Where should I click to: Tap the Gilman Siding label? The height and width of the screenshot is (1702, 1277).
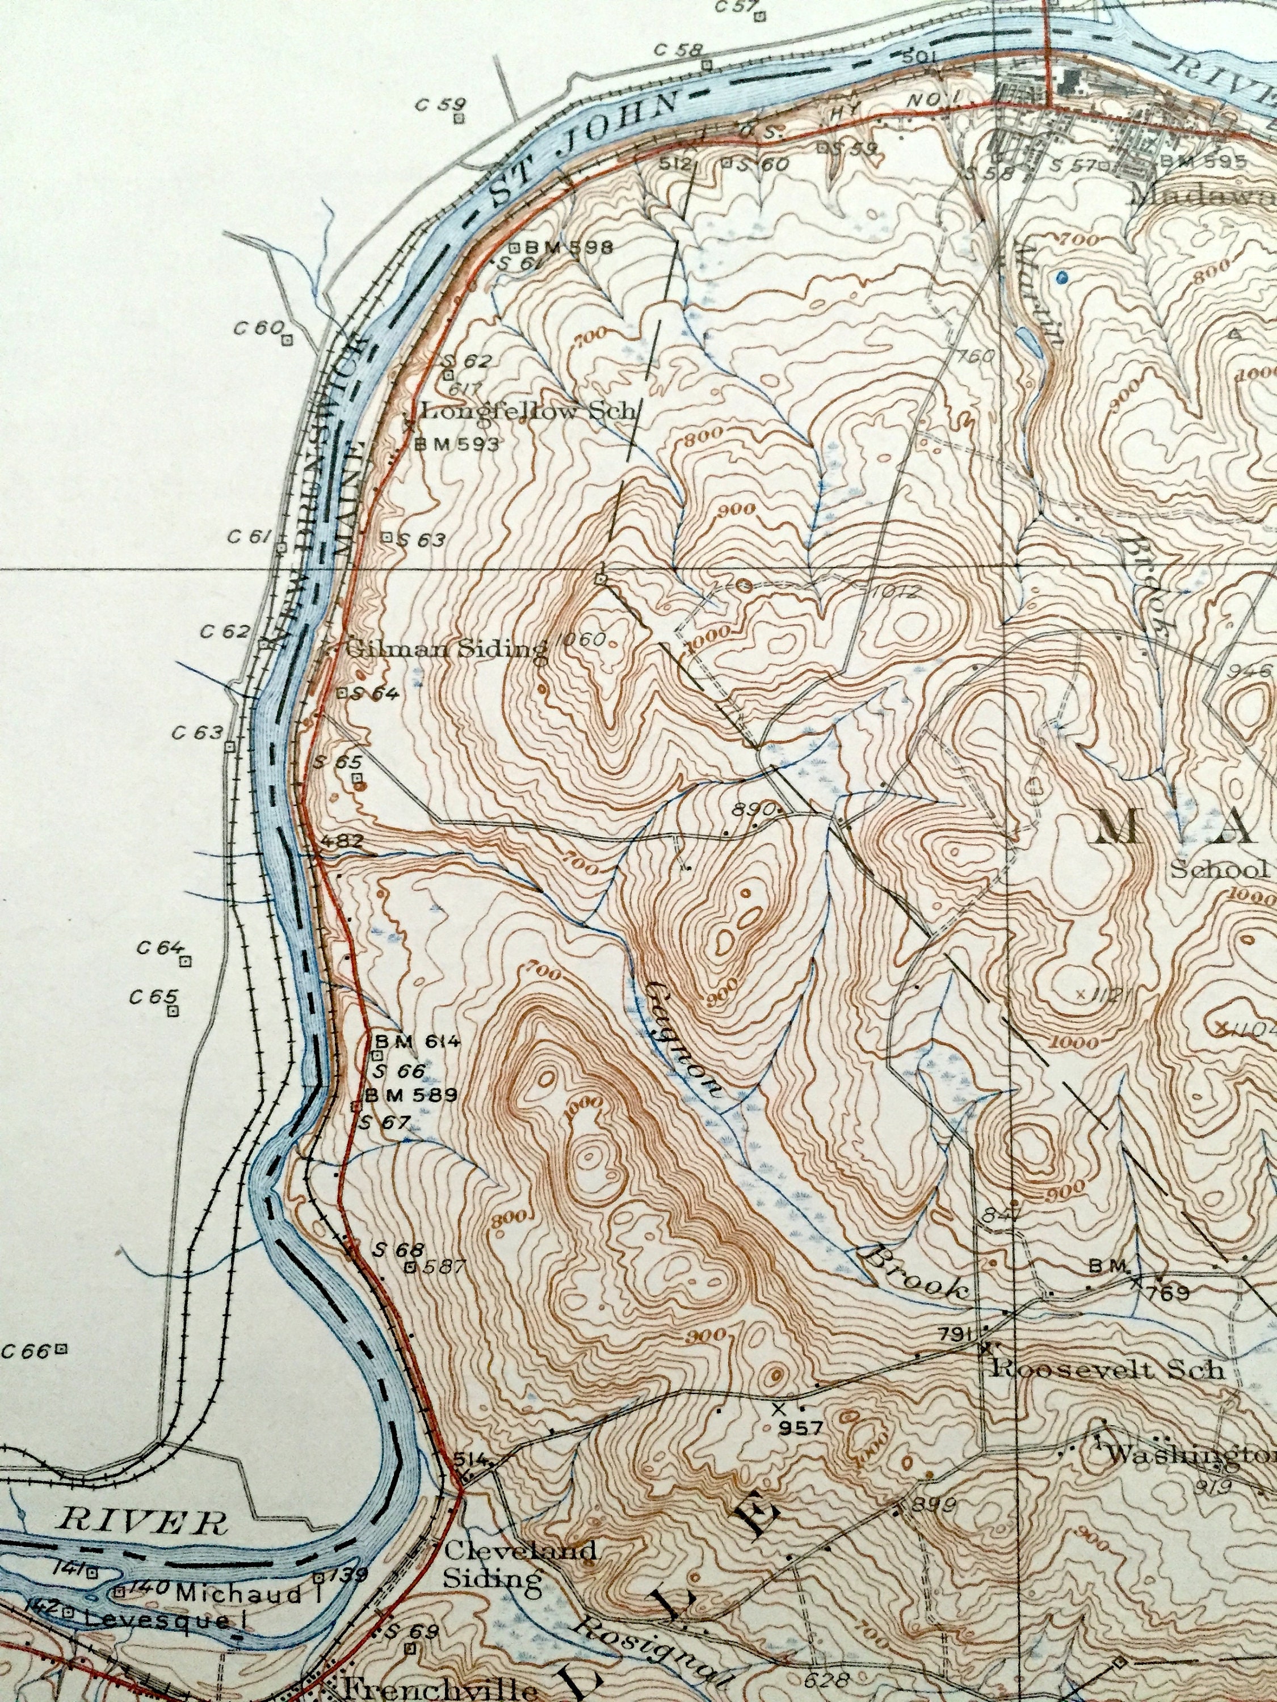click(x=447, y=648)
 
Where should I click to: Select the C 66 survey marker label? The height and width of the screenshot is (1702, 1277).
click(x=26, y=1350)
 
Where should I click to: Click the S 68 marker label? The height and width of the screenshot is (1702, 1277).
click(x=388, y=1250)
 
